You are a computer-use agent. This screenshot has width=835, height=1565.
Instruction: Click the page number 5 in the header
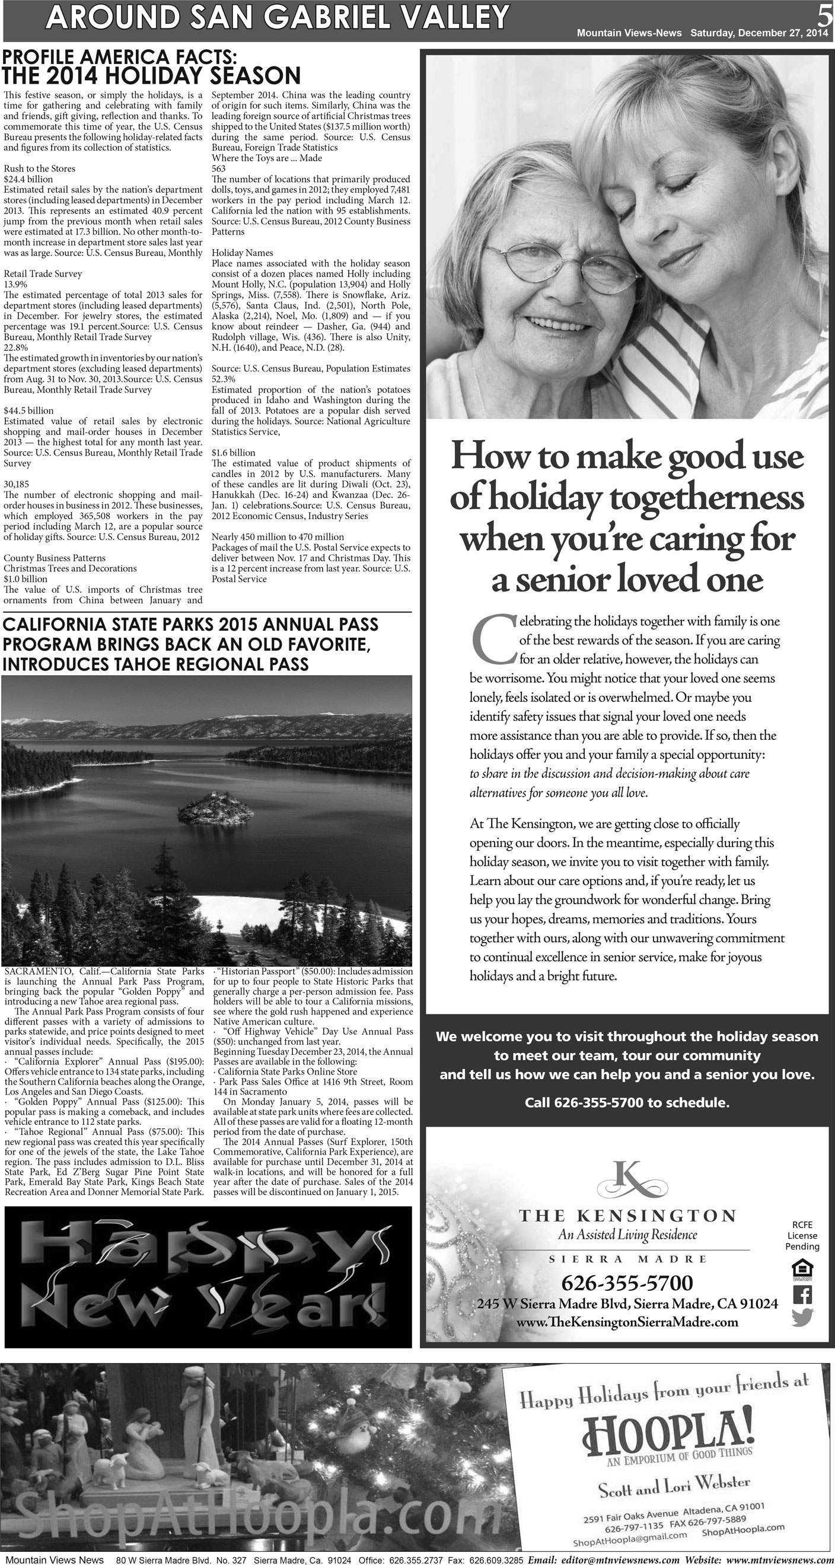pos(825,14)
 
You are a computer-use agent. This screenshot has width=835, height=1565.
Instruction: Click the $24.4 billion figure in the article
pos(28,179)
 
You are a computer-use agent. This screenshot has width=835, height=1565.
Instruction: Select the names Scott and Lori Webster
pos(674,1487)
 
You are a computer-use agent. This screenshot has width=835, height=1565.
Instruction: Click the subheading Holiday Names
pos(243,253)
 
